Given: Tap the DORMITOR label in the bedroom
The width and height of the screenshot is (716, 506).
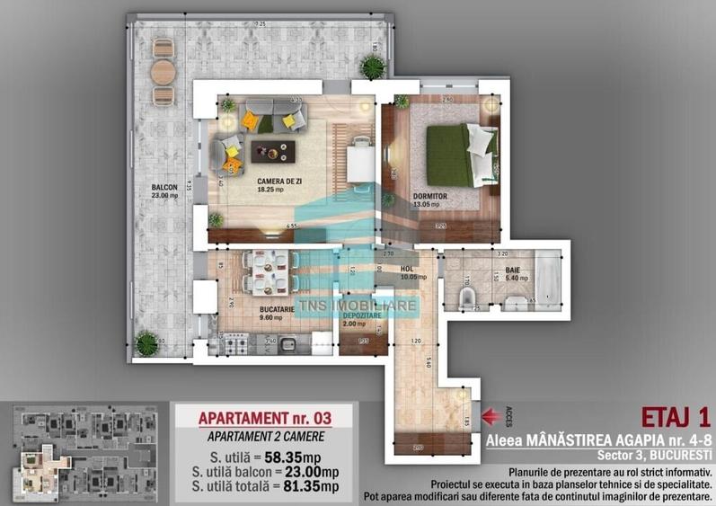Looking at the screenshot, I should (429, 195).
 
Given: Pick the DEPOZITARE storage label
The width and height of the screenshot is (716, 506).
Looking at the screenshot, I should (359, 315).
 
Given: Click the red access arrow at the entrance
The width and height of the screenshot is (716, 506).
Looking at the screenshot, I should (491, 415).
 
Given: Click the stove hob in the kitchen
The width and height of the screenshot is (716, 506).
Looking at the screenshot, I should (235, 344).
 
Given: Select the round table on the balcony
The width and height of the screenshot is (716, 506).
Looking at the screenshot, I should (163, 71).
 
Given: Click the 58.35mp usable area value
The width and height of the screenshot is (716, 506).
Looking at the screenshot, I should (282, 455).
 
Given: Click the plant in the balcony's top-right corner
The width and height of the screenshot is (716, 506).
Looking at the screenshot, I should (372, 67).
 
